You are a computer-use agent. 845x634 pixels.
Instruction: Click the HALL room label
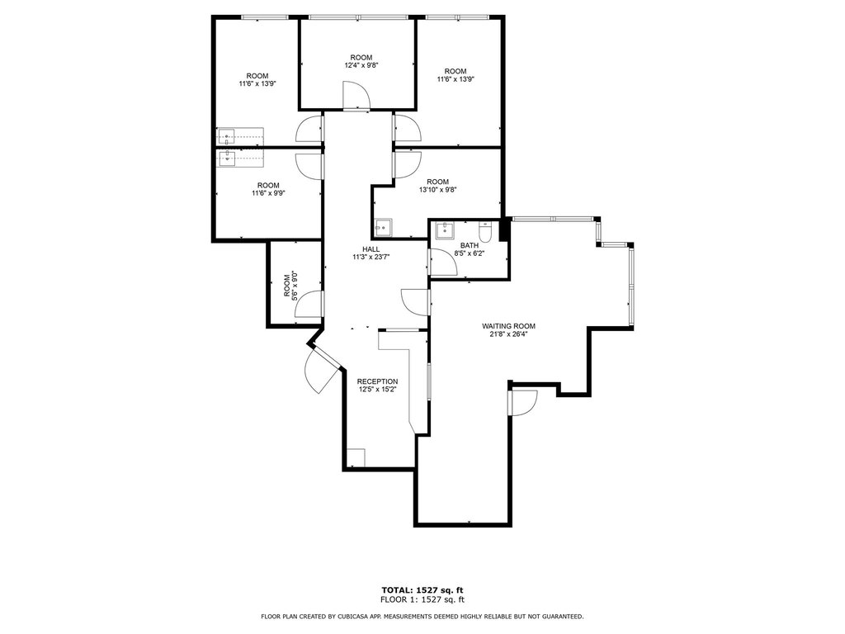[371, 249]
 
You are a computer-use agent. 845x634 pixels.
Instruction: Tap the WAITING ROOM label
[508, 326]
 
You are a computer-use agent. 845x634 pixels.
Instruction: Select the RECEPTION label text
[377, 381]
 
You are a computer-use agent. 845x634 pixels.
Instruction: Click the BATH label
[470, 245]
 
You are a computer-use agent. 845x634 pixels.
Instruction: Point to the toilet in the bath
[485, 231]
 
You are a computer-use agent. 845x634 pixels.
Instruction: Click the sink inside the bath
[446, 230]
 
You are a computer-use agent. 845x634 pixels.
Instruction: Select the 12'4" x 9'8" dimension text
[361, 65]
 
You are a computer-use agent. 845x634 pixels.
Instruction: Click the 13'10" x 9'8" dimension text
[437, 190]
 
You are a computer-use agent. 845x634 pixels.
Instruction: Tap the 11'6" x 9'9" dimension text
[268, 193]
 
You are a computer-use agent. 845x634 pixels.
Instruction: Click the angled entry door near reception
[323, 370]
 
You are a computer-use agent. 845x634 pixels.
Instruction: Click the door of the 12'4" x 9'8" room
[356, 96]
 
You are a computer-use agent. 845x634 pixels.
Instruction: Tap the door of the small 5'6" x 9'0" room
[309, 304]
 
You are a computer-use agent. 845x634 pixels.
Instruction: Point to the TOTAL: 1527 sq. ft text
[422, 590]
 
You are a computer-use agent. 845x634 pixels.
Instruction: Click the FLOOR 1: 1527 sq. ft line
[422, 599]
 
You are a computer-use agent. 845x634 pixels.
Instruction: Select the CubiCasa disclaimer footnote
[422, 616]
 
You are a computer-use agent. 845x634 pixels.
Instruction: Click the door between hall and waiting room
[416, 302]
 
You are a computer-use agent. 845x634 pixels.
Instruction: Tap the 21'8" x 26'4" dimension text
[508, 334]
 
